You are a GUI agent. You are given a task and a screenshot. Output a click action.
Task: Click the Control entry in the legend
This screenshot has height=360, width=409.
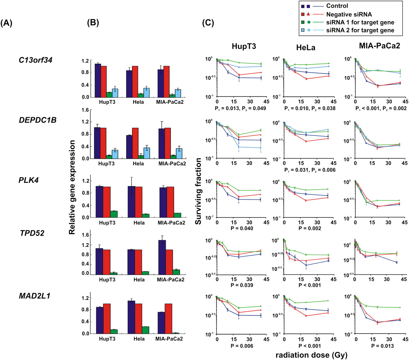point(337,6)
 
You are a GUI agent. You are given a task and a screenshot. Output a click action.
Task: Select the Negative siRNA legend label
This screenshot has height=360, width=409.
point(349,14)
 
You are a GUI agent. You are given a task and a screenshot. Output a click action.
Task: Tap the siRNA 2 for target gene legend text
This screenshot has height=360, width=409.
point(360,31)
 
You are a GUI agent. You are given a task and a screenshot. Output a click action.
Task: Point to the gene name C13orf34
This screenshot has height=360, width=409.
point(35,60)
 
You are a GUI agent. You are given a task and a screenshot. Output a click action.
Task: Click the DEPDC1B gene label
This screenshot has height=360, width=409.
point(38,120)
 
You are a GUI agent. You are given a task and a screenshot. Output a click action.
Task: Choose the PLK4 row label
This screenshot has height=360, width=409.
point(28,180)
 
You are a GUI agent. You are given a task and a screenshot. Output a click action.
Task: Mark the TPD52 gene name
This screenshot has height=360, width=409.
point(32,233)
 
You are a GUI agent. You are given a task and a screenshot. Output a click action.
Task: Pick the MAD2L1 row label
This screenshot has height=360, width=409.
point(35,296)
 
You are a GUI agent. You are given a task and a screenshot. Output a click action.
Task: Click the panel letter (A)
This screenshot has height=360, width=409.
point(6,23)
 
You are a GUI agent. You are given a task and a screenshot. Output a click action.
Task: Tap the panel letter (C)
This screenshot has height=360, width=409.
point(208,23)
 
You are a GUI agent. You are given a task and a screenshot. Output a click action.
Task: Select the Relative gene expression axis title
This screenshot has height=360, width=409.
point(72,187)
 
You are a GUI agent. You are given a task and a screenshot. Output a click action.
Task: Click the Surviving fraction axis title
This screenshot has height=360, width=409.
point(198,191)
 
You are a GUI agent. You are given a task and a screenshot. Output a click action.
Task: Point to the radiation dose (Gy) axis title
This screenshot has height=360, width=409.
point(311,355)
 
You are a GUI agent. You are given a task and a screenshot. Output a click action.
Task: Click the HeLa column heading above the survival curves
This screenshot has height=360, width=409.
point(306,48)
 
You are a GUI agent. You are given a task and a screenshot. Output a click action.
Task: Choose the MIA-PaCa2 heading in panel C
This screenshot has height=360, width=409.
point(379,46)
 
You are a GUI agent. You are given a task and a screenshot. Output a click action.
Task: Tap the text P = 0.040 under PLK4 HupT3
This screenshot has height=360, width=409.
point(242,228)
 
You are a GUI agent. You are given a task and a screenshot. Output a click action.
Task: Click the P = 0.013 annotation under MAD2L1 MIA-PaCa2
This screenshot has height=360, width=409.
point(382,346)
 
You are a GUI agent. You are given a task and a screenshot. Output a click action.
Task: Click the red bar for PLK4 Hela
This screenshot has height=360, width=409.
point(139,202)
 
